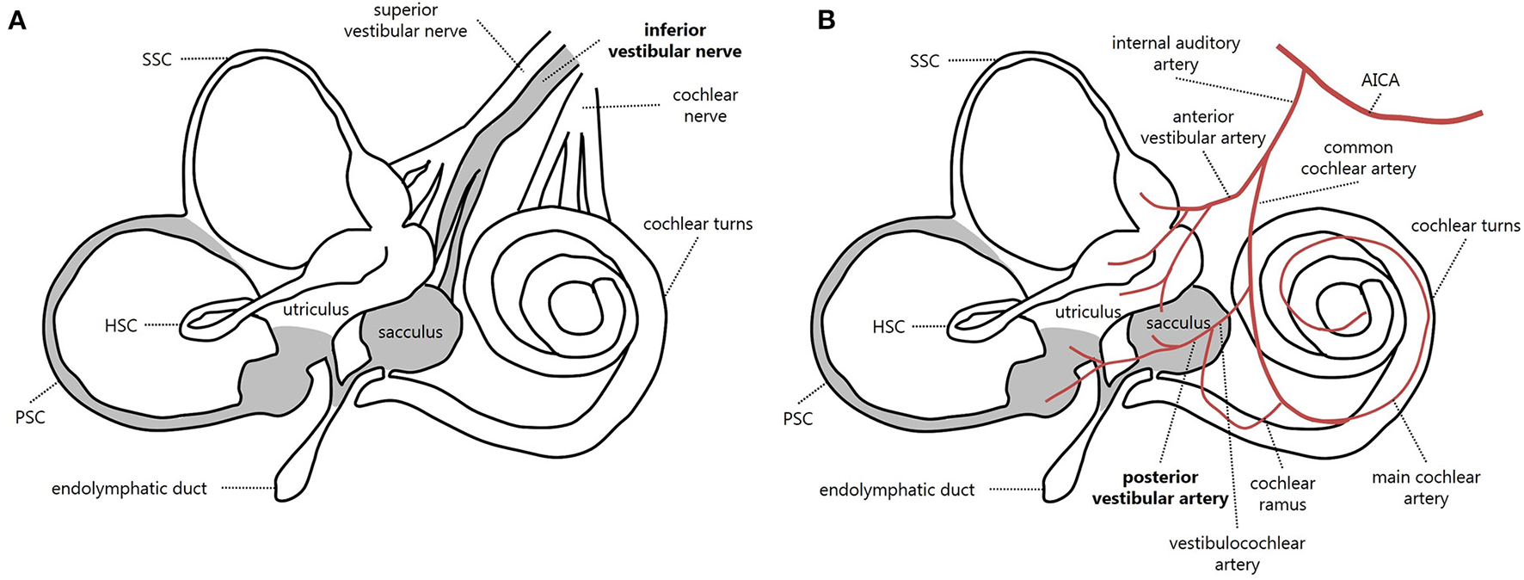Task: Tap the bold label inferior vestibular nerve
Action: pos(674,41)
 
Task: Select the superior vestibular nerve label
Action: pos(405,21)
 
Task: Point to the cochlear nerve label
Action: pos(705,105)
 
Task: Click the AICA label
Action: pos(1380,80)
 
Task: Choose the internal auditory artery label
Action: pos(1175,53)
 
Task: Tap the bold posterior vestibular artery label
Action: pos(1159,488)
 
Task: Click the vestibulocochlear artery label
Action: pos(1237,553)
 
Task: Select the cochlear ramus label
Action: pos(1282,494)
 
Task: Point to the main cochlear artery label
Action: pos(1425,487)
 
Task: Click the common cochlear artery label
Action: pos(1357,158)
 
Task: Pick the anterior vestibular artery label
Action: pos(1202,127)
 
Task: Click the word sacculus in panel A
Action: pos(410,332)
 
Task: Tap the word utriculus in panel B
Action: pos(1087,312)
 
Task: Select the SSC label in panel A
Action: pos(157,59)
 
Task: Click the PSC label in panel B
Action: pos(797,419)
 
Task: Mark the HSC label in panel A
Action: pos(120,326)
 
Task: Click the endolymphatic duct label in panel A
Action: pos(129,489)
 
